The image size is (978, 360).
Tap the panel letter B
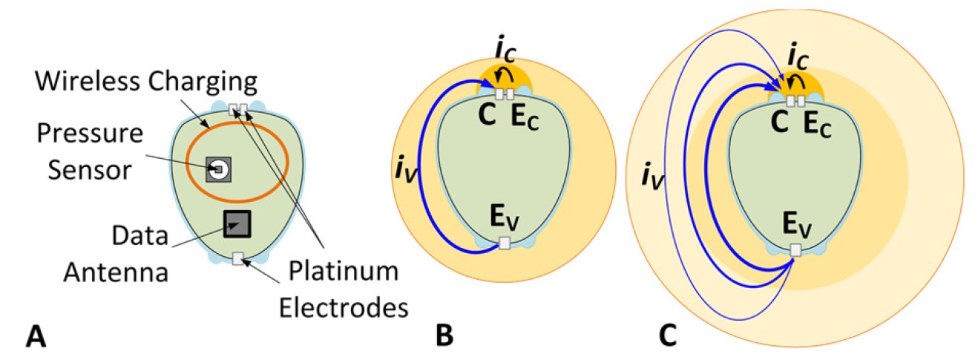pyautogui.click(x=444, y=336)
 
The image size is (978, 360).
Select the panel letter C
pyautogui.click(x=668, y=336)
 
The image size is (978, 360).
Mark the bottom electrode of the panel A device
pyautogui.click(x=238, y=258)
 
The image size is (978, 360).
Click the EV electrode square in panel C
pyautogui.click(x=795, y=250)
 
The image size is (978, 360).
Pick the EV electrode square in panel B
pyautogui.click(x=505, y=243)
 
